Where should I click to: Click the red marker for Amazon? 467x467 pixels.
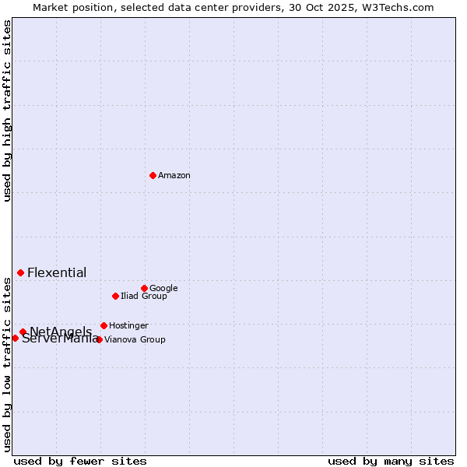click(x=153, y=175)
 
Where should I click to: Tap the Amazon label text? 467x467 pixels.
click(x=174, y=176)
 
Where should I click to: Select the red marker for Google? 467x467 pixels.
click(x=144, y=288)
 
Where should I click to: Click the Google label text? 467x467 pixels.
click(x=163, y=289)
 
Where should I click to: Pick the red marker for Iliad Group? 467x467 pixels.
click(x=115, y=296)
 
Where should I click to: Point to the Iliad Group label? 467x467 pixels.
click(x=144, y=297)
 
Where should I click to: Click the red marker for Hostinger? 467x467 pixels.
click(x=104, y=325)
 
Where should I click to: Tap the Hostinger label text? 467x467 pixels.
click(x=128, y=326)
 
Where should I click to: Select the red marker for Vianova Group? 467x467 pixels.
click(x=99, y=339)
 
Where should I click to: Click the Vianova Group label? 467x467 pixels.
click(x=135, y=340)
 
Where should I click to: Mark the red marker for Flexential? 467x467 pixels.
click(x=20, y=272)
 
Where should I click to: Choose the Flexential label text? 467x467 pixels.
click(x=57, y=273)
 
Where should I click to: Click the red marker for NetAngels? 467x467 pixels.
click(x=23, y=332)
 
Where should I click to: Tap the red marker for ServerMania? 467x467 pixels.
click(x=15, y=338)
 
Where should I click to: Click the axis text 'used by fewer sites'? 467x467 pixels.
click(x=80, y=462)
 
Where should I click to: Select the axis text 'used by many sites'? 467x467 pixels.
click(x=391, y=462)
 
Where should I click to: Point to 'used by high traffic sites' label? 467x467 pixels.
click(x=8, y=111)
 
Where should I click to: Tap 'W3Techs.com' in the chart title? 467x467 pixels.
click(x=402, y=8)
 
